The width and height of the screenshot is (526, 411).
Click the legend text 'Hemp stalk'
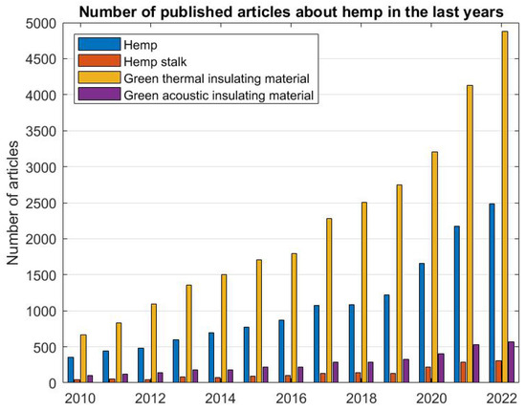point(158,61)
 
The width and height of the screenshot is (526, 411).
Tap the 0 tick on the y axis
point(52,382)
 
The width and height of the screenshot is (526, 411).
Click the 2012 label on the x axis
point(150,398)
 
